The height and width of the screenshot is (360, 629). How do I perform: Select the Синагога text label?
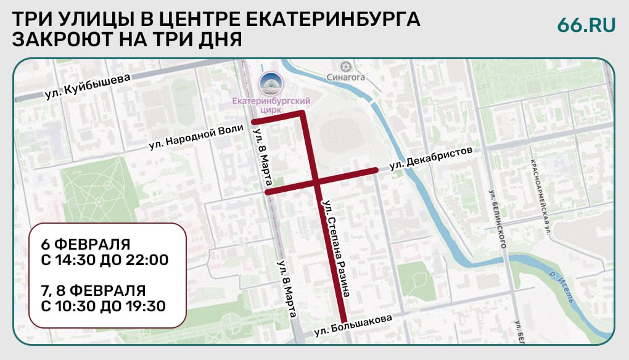click(x=346, y=78)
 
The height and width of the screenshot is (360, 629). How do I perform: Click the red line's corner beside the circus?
click(x=302, y=113)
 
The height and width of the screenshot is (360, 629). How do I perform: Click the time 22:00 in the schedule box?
click(x=146, y=260)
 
